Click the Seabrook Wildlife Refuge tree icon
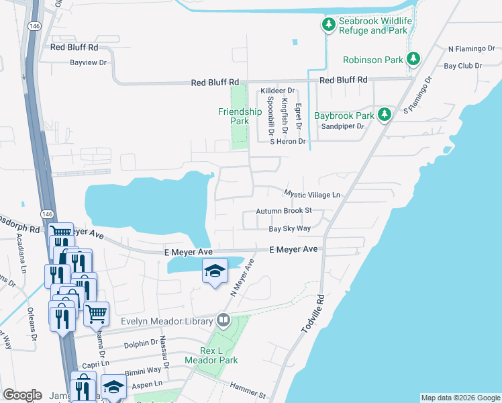(328, 26)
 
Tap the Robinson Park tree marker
(413, 59)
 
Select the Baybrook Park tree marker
(385, 115)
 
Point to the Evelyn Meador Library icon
(223, 321)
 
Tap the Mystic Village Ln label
(312, 194)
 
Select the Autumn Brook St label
(285, 211)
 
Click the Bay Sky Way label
(289, 229)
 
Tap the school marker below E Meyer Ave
(214, 271)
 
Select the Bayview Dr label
(89, 62)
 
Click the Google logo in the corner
(22, 395)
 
